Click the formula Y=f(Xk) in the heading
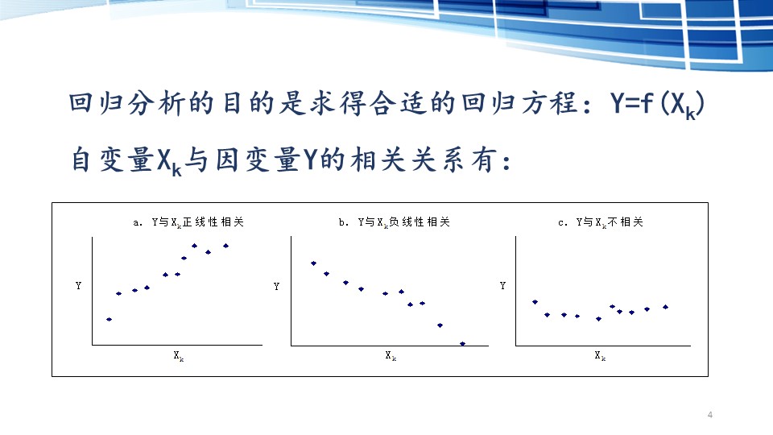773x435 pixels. pos(658,105)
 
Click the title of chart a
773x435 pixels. pos(188,222)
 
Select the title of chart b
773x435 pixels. pos(395,222)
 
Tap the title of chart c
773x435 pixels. pos(601,222)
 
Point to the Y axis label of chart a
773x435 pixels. pos(78,285)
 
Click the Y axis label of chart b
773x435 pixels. pos(276,286)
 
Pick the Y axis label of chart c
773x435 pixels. pos(502,285)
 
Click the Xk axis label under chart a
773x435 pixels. pos(179,355)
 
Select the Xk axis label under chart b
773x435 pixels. pos(391,355)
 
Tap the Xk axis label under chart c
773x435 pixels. pos(600,355)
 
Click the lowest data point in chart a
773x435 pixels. pos(110,320)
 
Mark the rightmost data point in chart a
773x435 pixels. pos(225,246)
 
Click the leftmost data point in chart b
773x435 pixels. pos(313,263)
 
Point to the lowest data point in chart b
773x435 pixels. pos(462,344)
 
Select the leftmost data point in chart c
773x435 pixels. pos(535,302)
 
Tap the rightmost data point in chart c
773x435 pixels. pos(666,307)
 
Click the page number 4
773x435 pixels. pos(710,415)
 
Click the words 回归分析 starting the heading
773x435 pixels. pos(127,104)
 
